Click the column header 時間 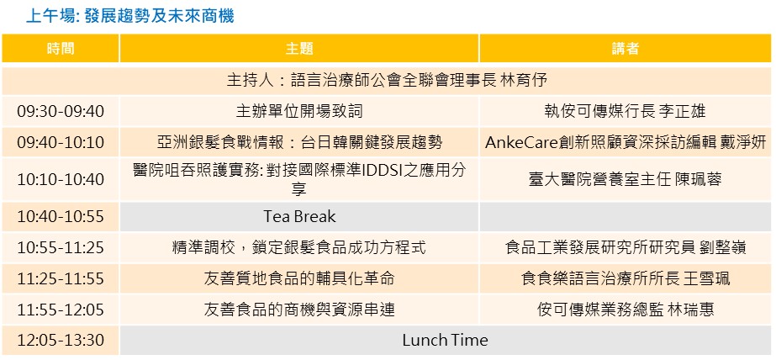(61, 49)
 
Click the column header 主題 (299, 49)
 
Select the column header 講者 (625, 49)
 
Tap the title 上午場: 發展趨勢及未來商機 (129, 16)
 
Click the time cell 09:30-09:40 (61, 111)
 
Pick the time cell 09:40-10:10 (61, 143)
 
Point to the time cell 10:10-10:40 (61, 179)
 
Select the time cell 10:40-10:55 (61, 217)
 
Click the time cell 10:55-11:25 (61, 247)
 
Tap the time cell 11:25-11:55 (61, 278)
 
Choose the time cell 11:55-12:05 (61, 310)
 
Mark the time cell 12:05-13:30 (61, 341)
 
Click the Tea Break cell (299, 217)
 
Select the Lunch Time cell (445, 341)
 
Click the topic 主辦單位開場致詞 (299, 111)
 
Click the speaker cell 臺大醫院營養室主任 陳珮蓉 (625, 179)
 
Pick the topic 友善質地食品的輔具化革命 (299, 278)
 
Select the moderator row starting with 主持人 (387, 80)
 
